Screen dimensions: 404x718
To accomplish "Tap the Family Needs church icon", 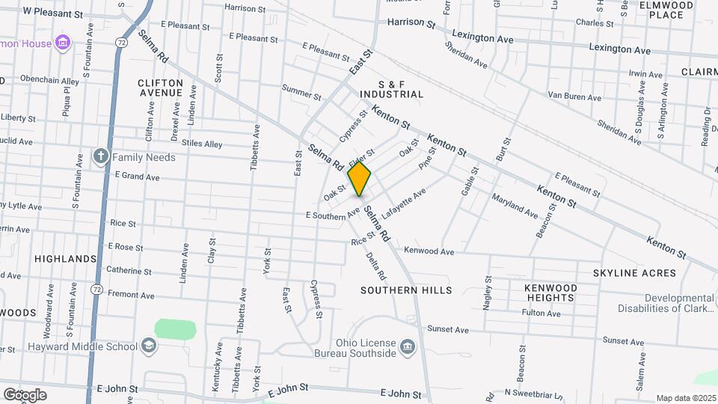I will point(101,157).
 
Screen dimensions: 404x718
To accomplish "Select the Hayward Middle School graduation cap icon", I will point(149,346).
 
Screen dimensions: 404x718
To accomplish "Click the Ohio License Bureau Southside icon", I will point(408,346).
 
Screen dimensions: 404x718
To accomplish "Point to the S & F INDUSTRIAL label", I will point(391,89).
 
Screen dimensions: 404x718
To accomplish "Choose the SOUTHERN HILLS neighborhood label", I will point(406,290).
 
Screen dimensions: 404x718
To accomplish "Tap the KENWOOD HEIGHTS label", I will point(550,293).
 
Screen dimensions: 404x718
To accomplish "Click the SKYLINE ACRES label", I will point(634,273).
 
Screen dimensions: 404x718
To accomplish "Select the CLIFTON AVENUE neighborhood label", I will point(160,88).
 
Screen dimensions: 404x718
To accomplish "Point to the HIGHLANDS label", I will point(66,259).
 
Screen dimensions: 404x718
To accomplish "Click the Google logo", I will point(25,395).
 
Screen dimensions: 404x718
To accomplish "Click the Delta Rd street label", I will point(372,266).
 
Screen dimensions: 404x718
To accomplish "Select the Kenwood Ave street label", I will point(429,251).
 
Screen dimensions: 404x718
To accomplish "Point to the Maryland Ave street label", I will point(515,206).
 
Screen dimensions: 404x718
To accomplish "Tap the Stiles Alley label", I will point(203,144).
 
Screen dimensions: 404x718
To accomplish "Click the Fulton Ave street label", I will point(541,313).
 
